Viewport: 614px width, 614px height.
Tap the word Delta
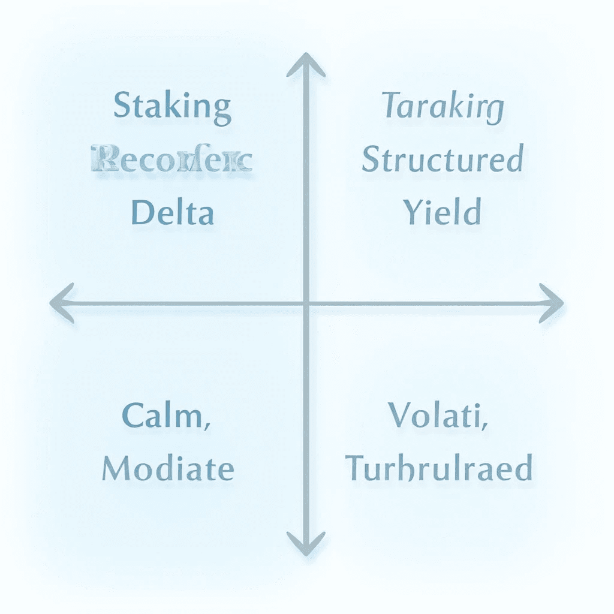[172, 213]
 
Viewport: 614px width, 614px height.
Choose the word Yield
[442, 213]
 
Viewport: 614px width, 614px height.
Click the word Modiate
[168, 468]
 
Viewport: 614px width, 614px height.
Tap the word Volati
[437, 416]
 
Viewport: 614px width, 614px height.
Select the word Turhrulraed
[440, 468]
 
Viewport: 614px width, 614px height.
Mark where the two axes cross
[306, 303]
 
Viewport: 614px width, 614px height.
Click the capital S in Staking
[122, 107]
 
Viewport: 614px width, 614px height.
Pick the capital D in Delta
[142, 213]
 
